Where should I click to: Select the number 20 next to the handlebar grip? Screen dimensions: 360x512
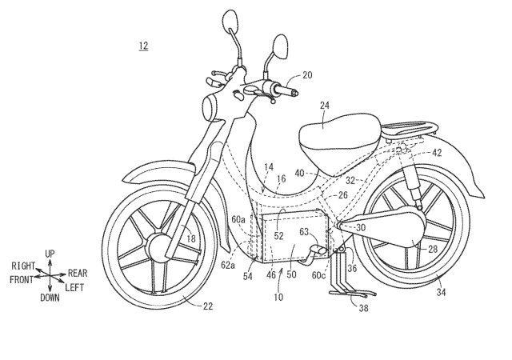(308, 76)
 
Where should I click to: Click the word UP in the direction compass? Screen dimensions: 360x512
(50, 254)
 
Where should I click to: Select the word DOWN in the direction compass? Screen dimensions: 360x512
(50, 297)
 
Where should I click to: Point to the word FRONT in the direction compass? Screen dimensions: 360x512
(22, 281)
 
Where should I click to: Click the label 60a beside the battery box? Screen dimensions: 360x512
(238, 217)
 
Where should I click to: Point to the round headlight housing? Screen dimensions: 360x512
(212, 105)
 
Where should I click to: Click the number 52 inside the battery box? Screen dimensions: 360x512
(278, 236)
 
